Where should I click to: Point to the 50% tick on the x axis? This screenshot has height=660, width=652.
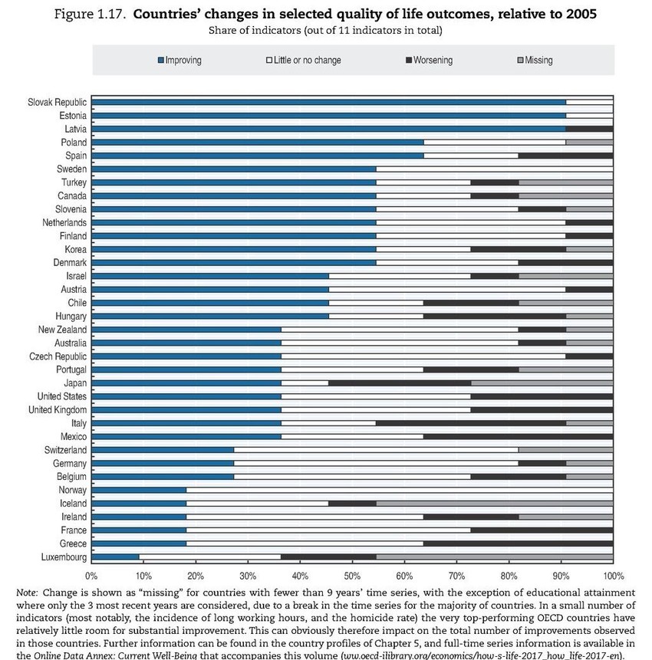[352, 575]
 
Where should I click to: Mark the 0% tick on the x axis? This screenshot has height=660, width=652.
[91, 575]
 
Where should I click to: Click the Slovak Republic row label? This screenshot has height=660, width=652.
[58, 102]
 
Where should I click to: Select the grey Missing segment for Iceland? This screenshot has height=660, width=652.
[481, 504]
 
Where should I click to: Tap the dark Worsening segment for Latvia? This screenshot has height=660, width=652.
[590, 129]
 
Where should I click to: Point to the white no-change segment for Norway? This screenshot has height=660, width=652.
[399, 490]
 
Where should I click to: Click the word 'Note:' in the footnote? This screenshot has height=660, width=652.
[27, 593]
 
